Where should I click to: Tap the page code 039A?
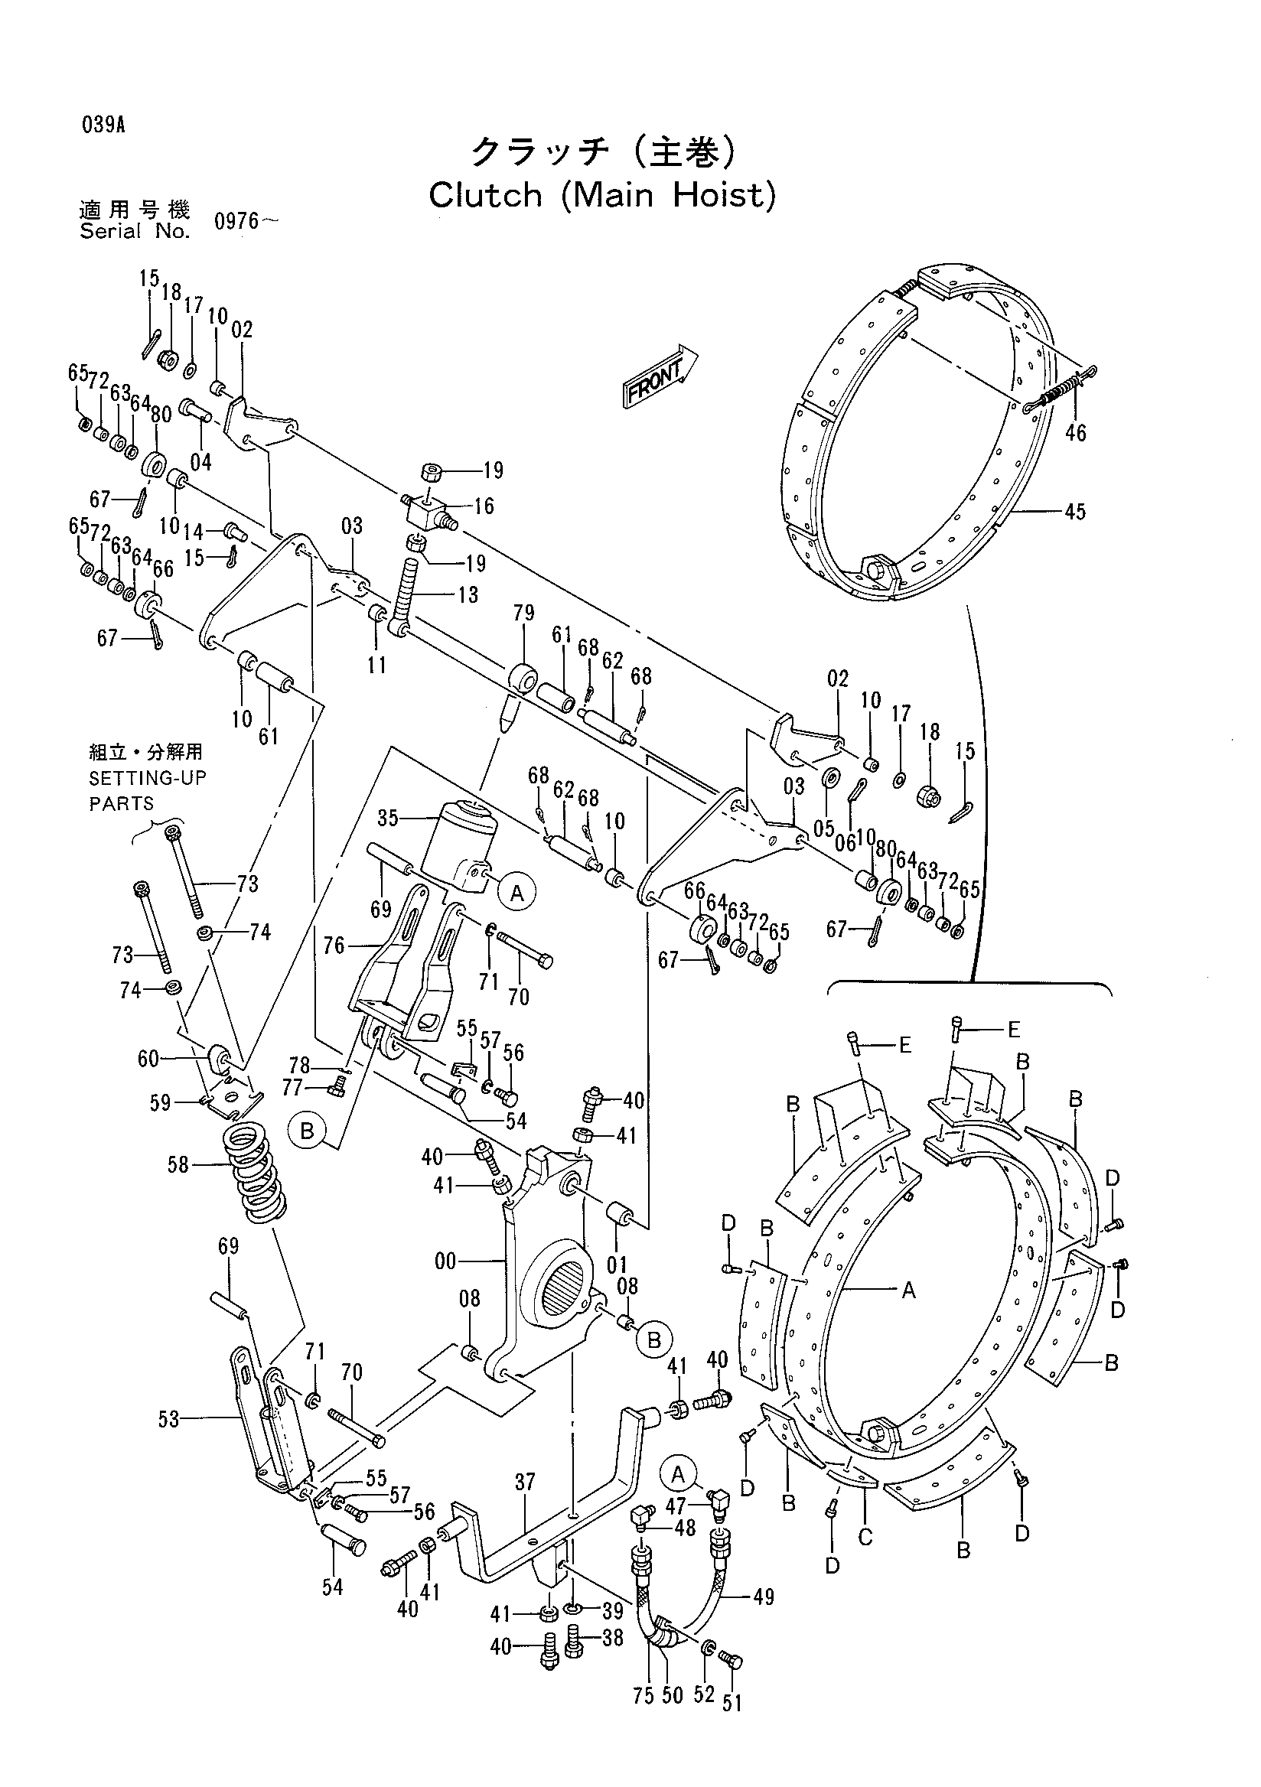(x=102, y=125)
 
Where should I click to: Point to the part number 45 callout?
(x=1075, y=511)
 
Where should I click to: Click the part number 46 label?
(x=1075, y=432)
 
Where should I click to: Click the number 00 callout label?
(x=446, y=1260)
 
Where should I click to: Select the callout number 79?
(x=524, y=614)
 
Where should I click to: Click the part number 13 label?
(x=468, y=594)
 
